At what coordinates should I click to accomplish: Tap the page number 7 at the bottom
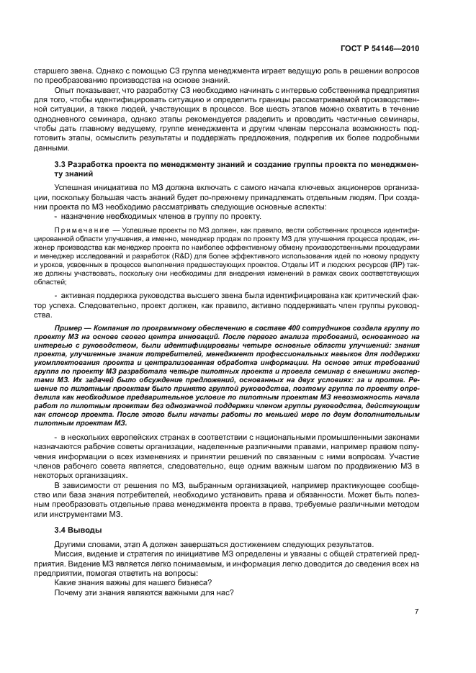coord(416,612)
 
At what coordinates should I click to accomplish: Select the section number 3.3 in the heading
coord(61,166)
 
